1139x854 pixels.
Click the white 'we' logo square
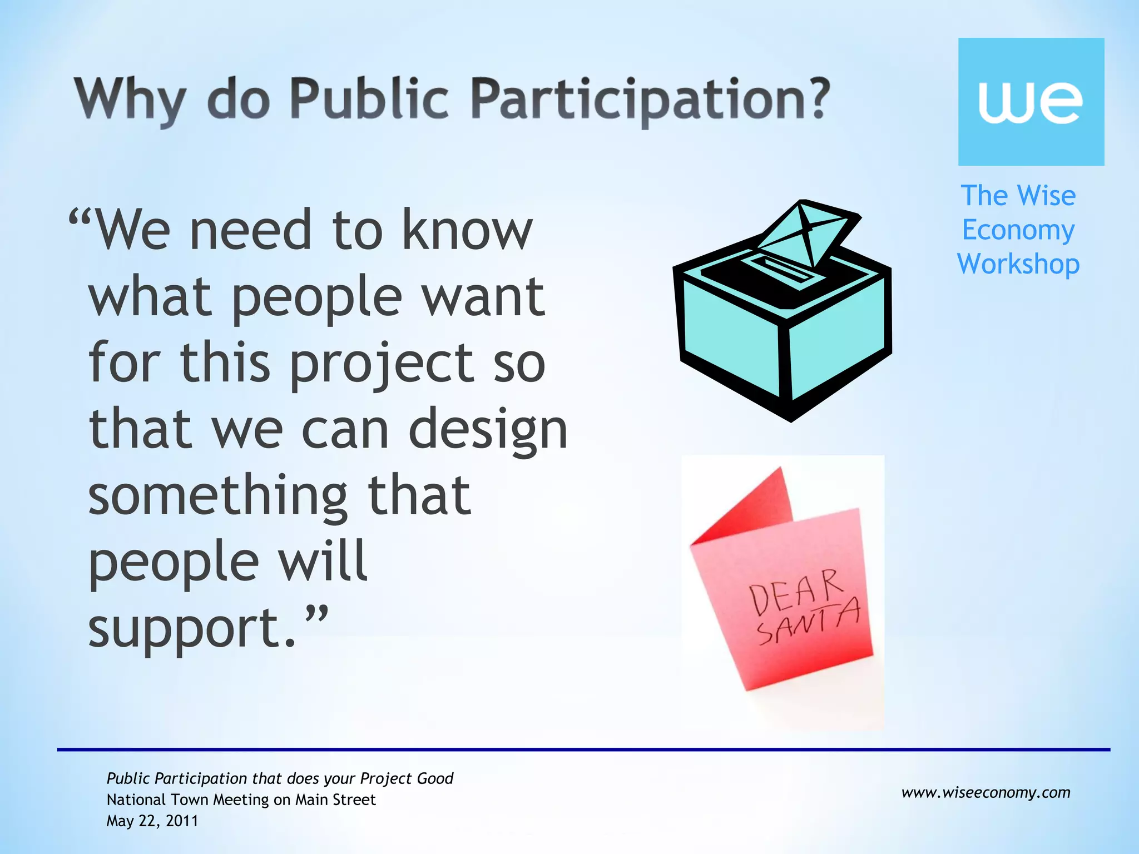[1031, 102]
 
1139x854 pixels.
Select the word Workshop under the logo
[1018, 264]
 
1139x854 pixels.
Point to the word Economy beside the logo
[1018, 230]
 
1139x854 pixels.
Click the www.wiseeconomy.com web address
[986, 792]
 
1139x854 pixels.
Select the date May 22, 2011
[152, 821]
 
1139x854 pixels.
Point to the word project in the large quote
[382, 364]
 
